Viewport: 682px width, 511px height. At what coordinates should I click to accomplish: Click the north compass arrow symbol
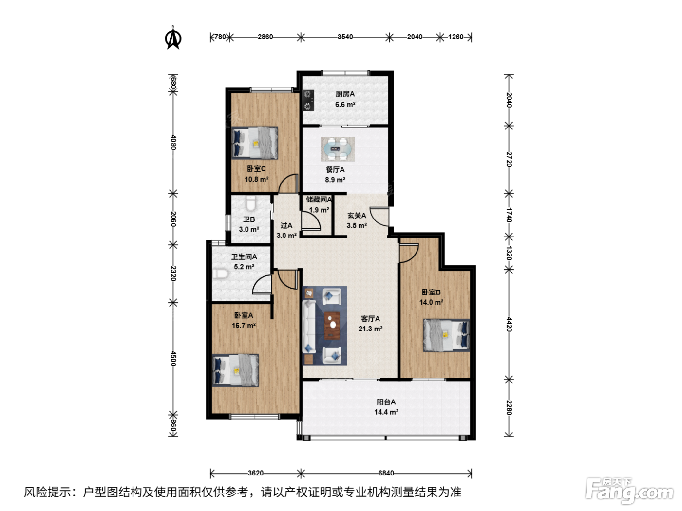click(x=173, y=38)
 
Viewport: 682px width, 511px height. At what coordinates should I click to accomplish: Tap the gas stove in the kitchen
click(x=308, y=100)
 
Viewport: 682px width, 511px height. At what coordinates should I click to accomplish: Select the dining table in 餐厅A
click(x=338, y=149)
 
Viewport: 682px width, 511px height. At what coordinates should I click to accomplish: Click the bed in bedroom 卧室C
click(x=255, y=143)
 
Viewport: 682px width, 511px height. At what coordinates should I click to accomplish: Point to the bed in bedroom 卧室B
click(x=447, y=335)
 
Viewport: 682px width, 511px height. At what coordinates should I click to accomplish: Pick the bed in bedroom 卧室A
click(x=235, y=370)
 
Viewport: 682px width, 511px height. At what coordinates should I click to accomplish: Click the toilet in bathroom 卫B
click(x=250, y=203)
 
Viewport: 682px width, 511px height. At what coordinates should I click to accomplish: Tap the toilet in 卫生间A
click(x=221, y=274)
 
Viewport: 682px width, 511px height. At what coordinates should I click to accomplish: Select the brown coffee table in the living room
click(x=332, y=326)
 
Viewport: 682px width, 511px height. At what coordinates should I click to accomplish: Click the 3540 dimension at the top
click(x=345, y=37)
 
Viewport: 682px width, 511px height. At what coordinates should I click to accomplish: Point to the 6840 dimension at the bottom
click(x=386, y=473)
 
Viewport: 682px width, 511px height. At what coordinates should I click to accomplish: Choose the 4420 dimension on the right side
click(x=509, y=324)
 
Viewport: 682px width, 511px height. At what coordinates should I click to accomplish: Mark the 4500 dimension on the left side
click(x=173, y=359)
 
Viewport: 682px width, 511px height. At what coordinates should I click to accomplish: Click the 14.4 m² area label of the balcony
click(x=386, y=412)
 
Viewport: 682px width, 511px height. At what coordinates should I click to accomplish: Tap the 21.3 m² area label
click(x=370, y=328)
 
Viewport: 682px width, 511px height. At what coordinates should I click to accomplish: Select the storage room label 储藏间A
click(x=319, y=200)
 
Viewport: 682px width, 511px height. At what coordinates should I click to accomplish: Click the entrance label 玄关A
click(x=357, y=216)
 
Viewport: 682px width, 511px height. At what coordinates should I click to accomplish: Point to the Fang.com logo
click(x=629, y=490)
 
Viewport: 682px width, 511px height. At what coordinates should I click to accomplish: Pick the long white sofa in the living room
click(x=309, y=327)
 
